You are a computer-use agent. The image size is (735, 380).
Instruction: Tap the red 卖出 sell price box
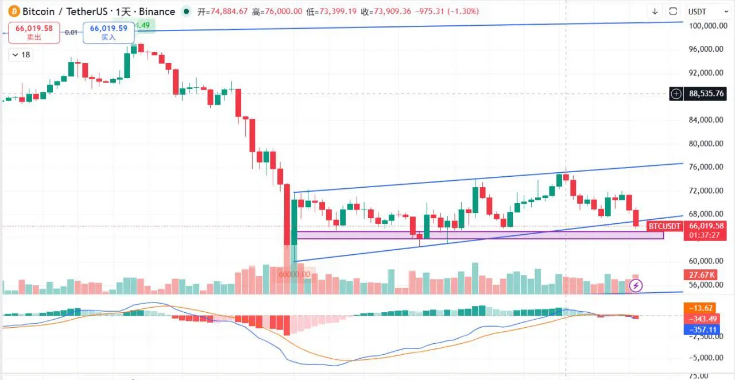point(34,32)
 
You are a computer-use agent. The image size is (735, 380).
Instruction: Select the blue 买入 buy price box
point(108,32)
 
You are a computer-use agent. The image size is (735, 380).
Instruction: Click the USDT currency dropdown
point(702,11)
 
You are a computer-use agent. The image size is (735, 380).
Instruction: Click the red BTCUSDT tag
point(664,227)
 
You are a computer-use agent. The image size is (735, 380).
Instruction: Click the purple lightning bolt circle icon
point(636,285)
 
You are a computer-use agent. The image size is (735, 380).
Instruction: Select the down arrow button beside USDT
point(655,11)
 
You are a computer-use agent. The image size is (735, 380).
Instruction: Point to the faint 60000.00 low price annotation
point(294,274)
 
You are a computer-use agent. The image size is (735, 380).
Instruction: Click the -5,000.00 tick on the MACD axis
point(705,358)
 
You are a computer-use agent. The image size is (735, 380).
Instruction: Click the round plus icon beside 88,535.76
point(676,94)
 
